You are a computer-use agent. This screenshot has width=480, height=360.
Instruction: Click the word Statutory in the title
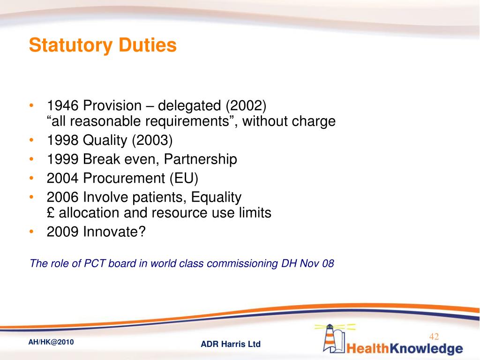pyautogui.click(x=70, y=45)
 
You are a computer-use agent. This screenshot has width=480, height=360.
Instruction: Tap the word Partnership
pyautogui.click(x=202, y=159)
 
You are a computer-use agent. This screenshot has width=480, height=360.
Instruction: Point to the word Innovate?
pyautogui.click(x=115, y=232)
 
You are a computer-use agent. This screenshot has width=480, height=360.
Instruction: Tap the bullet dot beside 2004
pyautogui.click(x=31, y=178)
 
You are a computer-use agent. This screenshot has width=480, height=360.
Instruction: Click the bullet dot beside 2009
pyautogui.click(x=31, y=232)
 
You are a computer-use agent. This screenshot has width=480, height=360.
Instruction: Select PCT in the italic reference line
pyautogui.click(x=94, y=263)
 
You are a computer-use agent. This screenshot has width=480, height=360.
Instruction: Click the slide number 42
pyautogui.click(x=434, y=336)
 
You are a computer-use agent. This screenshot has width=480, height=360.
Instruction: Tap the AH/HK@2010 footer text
pyautogui.click(x=51, y=342)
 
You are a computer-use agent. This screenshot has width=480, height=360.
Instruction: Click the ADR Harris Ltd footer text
pyautogui.click(x=231, y=345)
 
